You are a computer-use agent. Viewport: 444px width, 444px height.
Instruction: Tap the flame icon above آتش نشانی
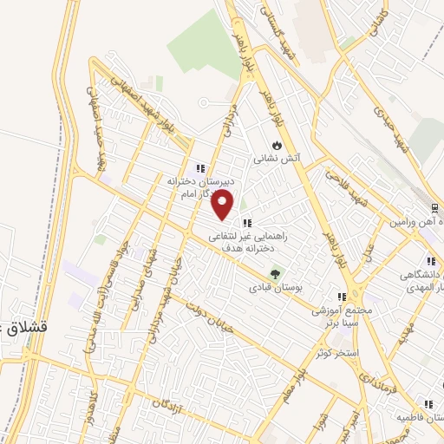[276, 145]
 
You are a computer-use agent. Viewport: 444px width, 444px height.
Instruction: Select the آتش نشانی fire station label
[276, 160]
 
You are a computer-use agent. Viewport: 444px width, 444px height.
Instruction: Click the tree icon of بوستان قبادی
[275, 274]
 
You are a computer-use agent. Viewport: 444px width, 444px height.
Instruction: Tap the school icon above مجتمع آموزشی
[342, 297]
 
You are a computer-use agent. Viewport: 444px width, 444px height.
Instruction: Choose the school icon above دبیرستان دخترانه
[199, 168]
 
